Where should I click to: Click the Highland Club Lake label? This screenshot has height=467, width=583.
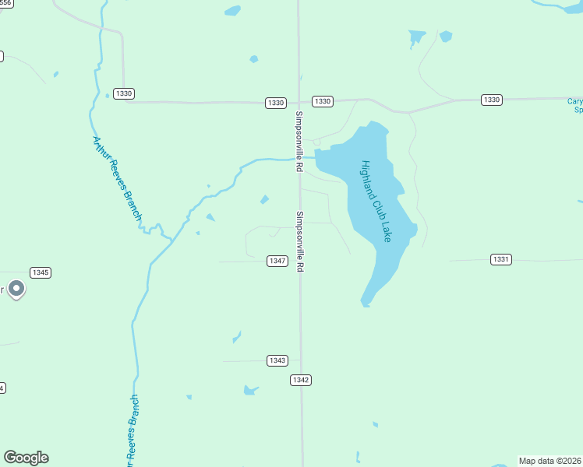point(376,201)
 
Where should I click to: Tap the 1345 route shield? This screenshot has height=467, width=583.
point(41,272)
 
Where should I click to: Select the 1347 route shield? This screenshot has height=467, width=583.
point(277,261)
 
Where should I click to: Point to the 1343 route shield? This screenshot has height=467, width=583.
point(277,360)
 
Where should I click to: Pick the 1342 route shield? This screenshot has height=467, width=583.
point(301,380)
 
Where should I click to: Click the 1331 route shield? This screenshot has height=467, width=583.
point(501,258)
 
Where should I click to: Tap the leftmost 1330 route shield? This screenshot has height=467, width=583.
point(123,93)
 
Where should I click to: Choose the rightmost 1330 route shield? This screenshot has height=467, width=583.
point(491,100)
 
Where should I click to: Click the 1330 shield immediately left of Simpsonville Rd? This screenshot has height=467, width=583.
point(275,103)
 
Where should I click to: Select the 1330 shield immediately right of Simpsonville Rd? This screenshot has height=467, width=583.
point(323,101)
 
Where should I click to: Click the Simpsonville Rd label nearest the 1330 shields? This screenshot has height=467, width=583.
point(299,141)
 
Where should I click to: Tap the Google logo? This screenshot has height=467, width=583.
point(26,458)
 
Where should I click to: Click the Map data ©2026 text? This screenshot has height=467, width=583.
point(550,461)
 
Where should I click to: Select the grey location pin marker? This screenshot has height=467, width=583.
point(16,290)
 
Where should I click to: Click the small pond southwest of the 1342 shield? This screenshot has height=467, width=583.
point(250,389)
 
